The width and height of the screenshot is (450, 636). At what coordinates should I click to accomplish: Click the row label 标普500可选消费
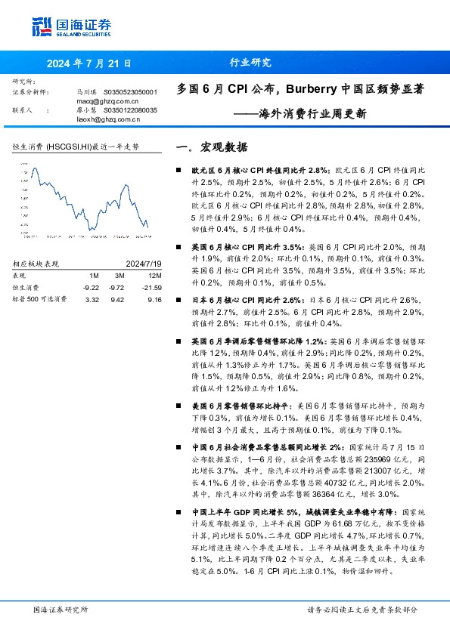(x=40, y=299)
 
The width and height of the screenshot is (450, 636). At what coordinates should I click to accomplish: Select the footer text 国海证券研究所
(x=61, y=610)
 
